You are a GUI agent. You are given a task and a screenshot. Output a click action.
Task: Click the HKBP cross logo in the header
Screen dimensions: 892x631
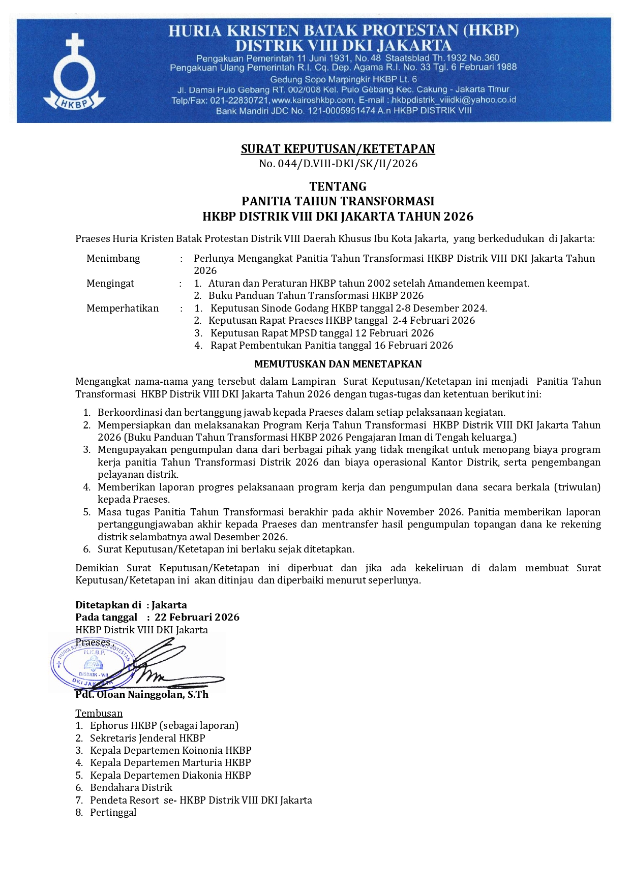(x=75, y=72)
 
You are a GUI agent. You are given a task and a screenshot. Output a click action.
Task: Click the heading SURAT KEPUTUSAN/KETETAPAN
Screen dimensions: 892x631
(x=338, y=149)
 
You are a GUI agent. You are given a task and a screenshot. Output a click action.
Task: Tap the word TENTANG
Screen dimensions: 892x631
(x=338, y=187)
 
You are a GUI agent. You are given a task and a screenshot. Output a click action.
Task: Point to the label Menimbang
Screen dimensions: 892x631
(x=113, y=258)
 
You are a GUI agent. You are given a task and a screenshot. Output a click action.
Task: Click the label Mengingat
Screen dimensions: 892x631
(x=110, y=283)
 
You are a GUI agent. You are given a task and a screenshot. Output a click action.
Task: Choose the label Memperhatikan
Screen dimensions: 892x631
(x=123, y=308)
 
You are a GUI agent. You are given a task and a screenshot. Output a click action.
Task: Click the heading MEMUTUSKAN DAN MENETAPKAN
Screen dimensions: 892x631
(x=338, y=364)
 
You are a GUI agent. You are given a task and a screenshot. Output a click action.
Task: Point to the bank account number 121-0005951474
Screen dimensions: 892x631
(x=340, y=111)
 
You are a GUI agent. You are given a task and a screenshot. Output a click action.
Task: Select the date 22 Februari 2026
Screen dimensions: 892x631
(x=197, y=617)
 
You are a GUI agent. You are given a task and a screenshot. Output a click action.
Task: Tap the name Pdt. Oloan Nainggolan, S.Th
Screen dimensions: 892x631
(x=142, y=694)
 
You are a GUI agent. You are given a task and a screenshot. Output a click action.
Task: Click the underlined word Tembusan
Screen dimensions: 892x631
(x=99, y=713)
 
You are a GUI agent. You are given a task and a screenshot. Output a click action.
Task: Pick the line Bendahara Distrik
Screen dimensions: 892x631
(x=131, y=787)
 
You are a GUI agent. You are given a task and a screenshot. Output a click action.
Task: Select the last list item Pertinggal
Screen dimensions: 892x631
(x=113, y=812)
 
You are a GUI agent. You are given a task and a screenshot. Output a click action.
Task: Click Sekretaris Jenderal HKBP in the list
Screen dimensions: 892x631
(x=147, y=738)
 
